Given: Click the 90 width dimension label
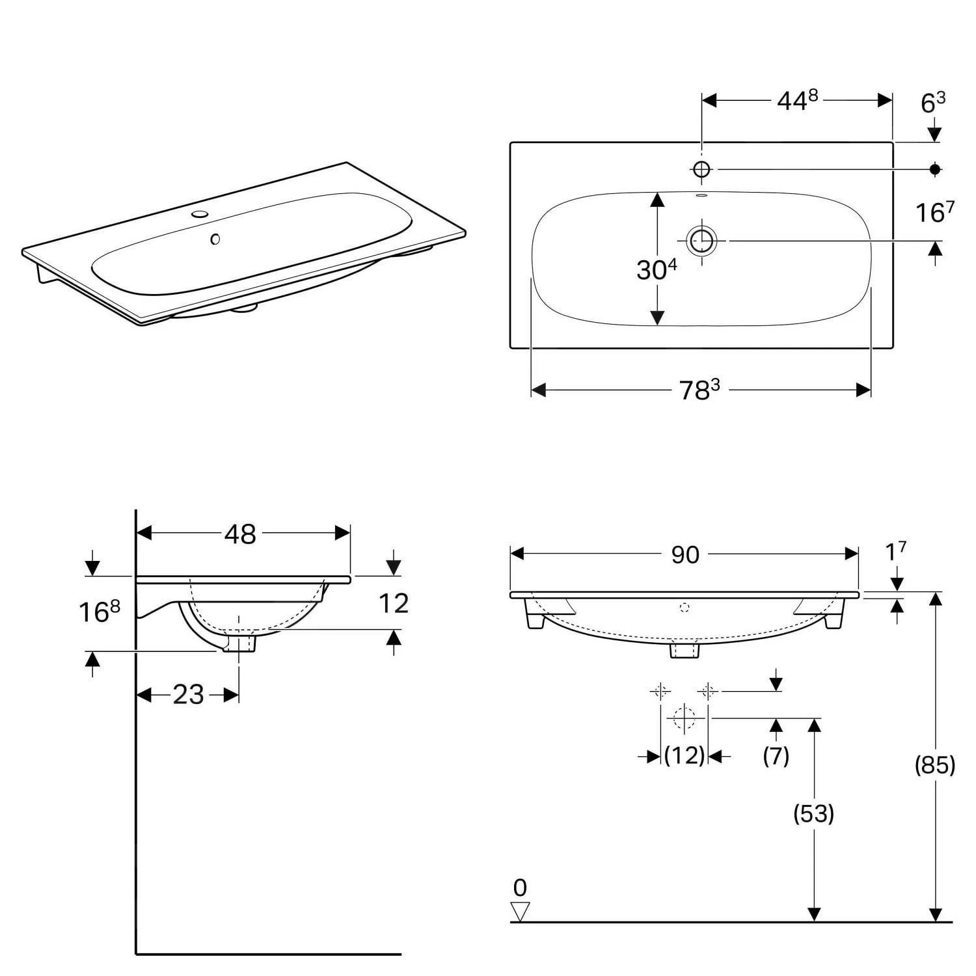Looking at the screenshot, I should (x=685, y=554).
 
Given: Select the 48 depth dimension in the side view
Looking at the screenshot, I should (x=240, y=534).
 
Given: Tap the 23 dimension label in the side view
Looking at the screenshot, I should (x=188, y=695).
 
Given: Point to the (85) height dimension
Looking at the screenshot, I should (x=934, y=765).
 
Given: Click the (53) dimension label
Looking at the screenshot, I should (x=813, y=813).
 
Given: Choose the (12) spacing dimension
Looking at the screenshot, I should (x=684, y=755).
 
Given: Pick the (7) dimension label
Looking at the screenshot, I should (x=776, y=755).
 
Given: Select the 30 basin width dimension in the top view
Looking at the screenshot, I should (x=656, y=269).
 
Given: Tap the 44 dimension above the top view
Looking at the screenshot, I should (x=796, y=100).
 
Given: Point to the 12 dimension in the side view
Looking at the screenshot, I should (x=393, y=604).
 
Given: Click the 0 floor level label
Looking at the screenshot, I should (x=520, y=888).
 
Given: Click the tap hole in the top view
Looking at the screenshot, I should (x=701, y=169).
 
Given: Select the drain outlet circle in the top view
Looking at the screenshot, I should (x=701, y=241).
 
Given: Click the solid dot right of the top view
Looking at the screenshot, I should (x=935, y=169).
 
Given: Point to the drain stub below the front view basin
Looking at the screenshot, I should (x=684, y=651).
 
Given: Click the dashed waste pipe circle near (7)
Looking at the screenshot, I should (x=684, y=718).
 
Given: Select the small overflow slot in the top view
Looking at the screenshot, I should (x=701, y=195).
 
